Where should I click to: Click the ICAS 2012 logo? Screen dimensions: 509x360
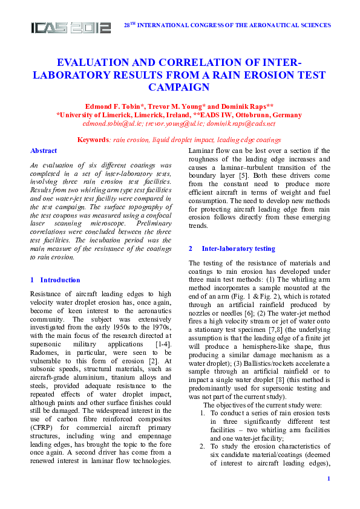click(x=71, y=27)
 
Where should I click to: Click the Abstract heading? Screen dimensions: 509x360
click(x=44, y=151)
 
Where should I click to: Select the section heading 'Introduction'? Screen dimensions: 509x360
click(x=60, y=280)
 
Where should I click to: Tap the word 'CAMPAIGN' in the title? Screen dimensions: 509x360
click(x=180, y=88)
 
